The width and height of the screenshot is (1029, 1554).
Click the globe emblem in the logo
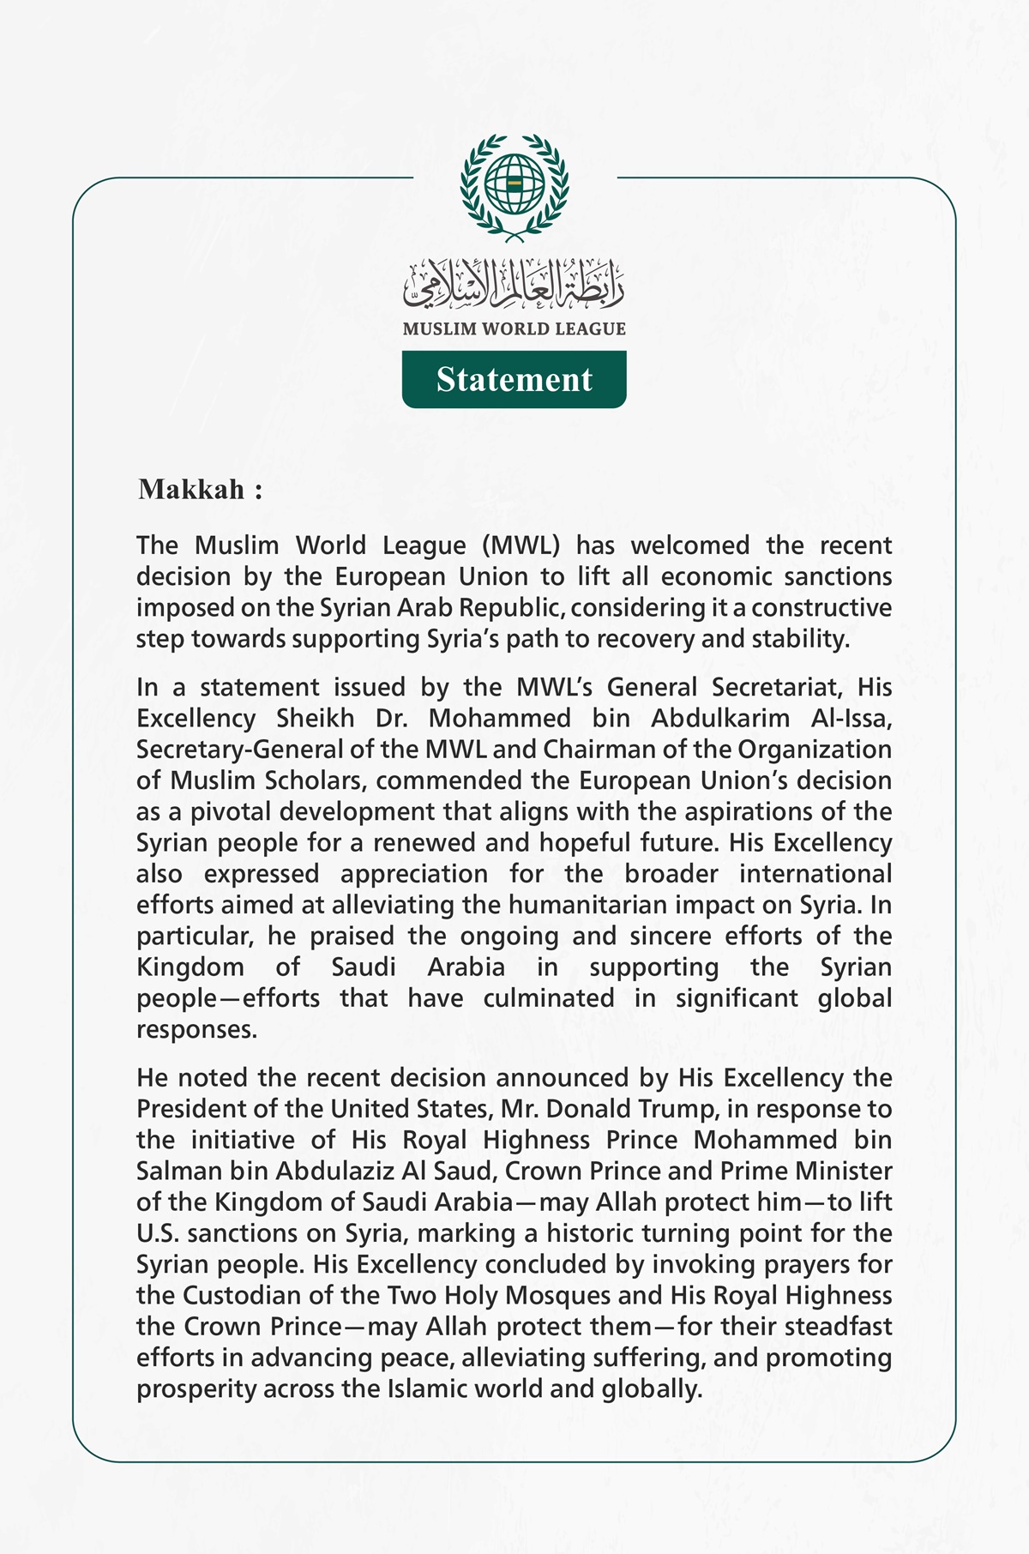pos(514,184)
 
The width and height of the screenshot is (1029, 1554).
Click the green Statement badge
pos(514,379)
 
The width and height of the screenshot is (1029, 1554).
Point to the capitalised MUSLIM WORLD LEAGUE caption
pos(514,328)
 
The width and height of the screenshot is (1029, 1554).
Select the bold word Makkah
pos(192,490)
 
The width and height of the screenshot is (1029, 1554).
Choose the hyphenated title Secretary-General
pos(242,750)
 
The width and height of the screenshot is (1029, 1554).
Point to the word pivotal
pos(227,811)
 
